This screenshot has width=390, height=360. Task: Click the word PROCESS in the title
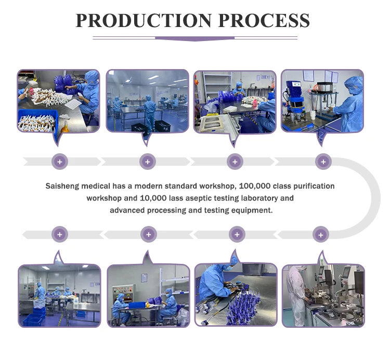pos(264,20)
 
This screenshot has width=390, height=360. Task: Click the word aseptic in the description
pos(208,198)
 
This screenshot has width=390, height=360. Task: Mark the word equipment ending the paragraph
pos(254,210)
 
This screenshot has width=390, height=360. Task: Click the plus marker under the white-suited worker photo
pos(321,235)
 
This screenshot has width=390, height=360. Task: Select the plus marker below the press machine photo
pos(323,162)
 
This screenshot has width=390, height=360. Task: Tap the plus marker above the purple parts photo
pos(237,235)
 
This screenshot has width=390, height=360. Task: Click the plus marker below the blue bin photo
pos(60,162)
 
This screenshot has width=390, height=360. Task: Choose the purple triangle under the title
pos(195,38)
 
